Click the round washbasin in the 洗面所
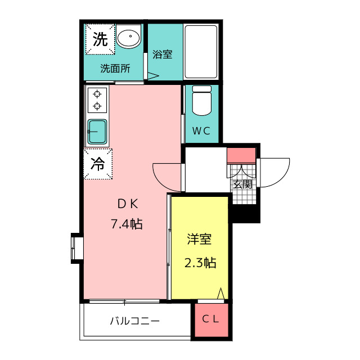tap(129, 37)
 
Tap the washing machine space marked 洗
tap(100, 39)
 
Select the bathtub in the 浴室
tap(201, 52)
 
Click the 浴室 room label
tap(163, 55)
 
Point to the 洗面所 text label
tap(115, 69)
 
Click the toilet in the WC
tap(202, 100)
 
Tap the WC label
tap(201, 131)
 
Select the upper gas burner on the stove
tap(97, 94)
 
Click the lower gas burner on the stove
tap(97, 106)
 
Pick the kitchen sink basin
tap(97, 132)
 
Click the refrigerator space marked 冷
tap(98, 164)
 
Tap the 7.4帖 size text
tap(127, 224)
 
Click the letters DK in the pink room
tap(128, 204)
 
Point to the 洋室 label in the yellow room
tap(199, 239)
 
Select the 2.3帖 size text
tap(200, 263)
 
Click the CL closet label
tap(210, 319)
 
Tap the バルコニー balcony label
tap(135, 321)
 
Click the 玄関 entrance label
tap(242, 184)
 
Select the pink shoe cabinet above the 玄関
tap(241, 155)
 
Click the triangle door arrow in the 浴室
tap(153, 76)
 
